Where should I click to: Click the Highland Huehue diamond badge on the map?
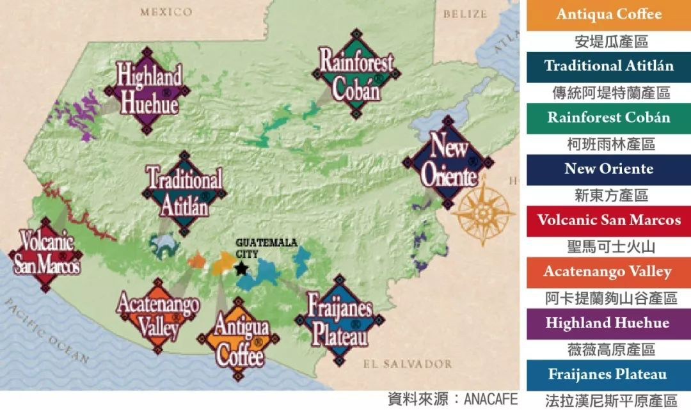pyautogui.click(x=148, y=90)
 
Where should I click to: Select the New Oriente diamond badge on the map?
pyautogui.click(x=448, y=161)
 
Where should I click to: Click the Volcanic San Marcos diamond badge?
pyautogui.click(x=47, y=255)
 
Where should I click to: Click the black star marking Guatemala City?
pyautogui.click(x=241, y=269)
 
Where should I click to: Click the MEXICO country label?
pyautogui.click(x=166, y=12)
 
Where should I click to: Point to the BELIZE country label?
pyautogui.click(x=465, y=13)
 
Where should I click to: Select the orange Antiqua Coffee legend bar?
pyautogui.click(x=608, y=15)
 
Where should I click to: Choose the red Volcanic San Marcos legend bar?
pyautogui.click(x=608, y=221)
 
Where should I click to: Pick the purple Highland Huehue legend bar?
pyautogui.click(x=608, y=324)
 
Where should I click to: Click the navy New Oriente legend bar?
pyautogui.click(x=608, y=170)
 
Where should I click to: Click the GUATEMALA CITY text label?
pyautogui.click(x=259, y=248)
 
